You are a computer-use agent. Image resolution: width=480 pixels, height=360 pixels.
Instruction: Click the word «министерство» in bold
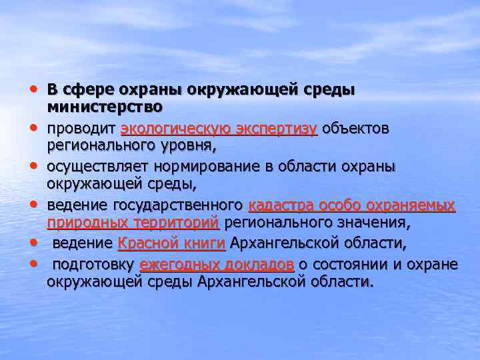(105, 107)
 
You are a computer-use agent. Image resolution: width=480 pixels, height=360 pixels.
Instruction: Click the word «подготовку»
(93, 265)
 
